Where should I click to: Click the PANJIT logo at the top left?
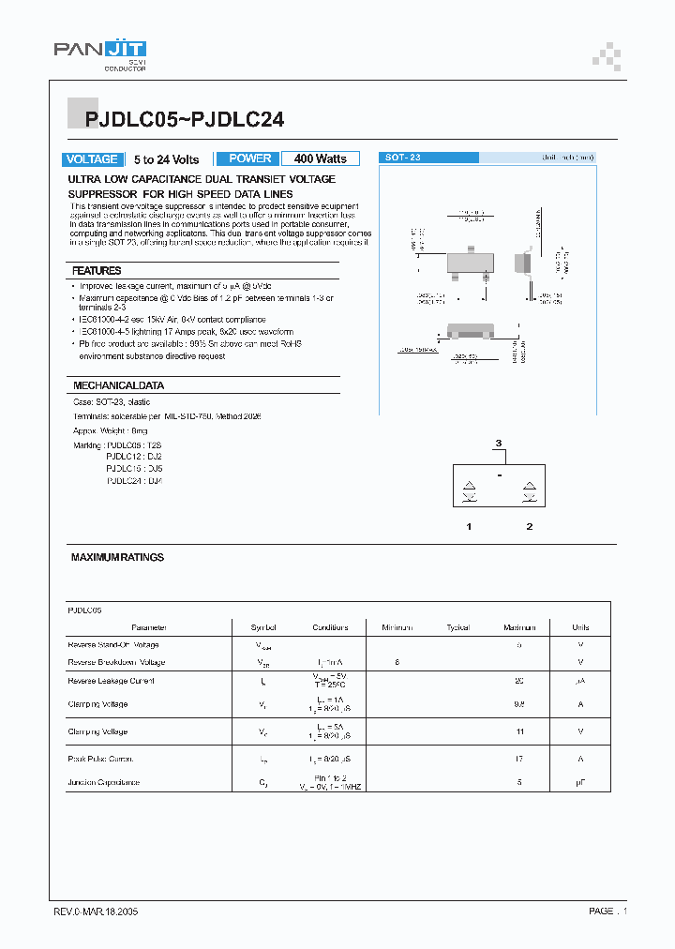coord(98,52)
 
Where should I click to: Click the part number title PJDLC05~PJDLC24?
coord(185,119)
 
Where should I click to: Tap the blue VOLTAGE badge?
coord(92,159)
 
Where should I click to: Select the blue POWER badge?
coord(249,158)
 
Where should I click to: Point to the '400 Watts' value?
coord(320,159)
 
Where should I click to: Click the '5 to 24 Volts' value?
coord(166,159)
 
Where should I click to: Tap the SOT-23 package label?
coord(403,158)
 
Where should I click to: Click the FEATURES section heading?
coord(97,271)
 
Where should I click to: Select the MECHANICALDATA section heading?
coord(118,385)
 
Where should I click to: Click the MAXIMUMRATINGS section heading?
coord(117,557)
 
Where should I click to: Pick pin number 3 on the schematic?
coord(499,443)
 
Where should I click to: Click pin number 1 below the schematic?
coord(469,527)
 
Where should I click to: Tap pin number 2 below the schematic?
coord(529,527)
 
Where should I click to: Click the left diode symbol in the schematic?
coord(469,490)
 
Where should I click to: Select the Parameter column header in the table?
coord(149,627)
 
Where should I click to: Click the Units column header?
coord(580,627)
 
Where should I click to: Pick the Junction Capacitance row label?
coord(104,782)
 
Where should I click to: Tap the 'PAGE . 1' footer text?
coord(607,911)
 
